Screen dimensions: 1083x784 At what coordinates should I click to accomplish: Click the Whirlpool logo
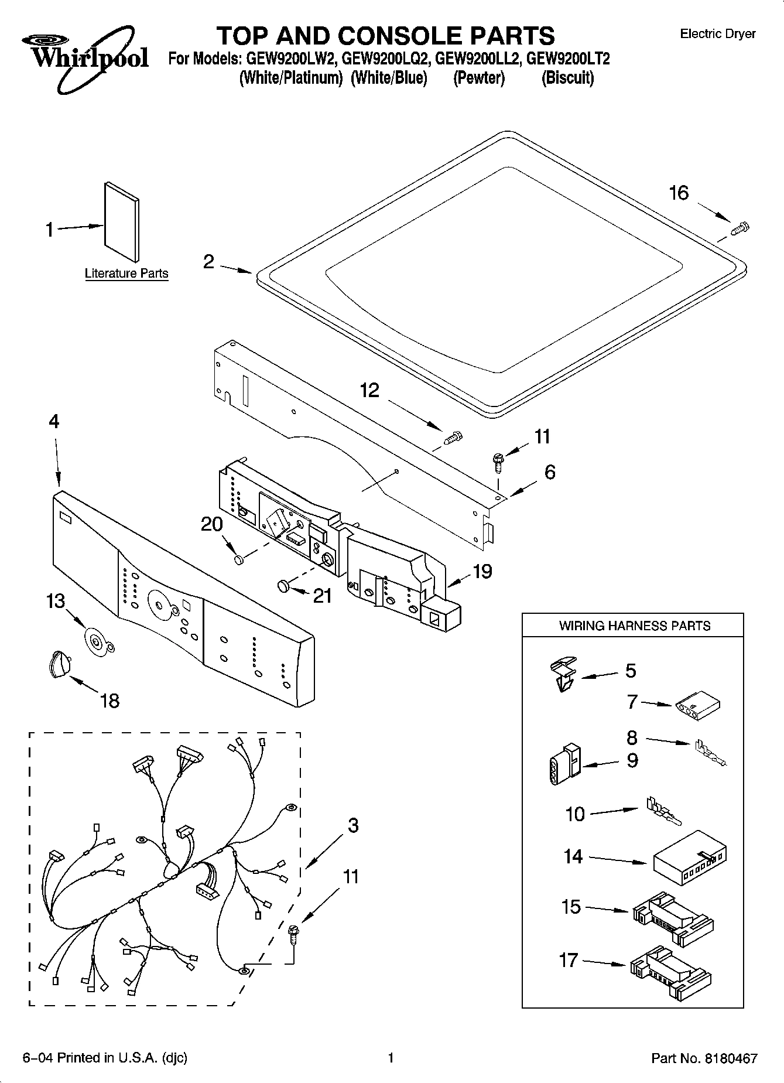tap(85, 57)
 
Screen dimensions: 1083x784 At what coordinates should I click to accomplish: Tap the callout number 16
tap(679, 193)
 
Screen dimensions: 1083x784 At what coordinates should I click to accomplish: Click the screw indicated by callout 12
tap(453, 437)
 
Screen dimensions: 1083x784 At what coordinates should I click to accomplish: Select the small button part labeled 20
tap(239, 561)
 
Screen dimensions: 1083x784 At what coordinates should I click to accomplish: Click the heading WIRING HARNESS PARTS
tap(634, 626)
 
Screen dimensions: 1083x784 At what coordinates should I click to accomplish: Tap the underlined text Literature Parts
tap(126, 274)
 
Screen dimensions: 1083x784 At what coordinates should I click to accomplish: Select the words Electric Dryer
tap(717, 34)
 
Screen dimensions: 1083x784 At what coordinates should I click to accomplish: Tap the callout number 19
tap(482, 572)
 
